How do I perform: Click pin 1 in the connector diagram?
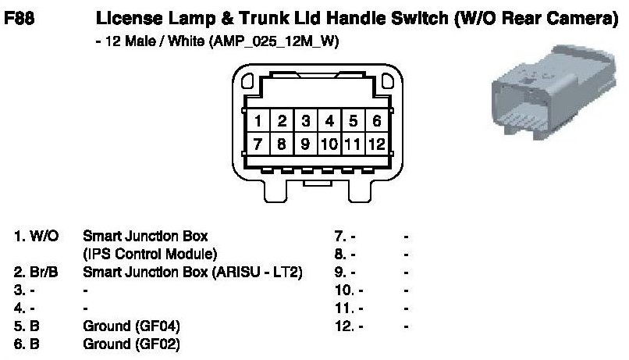257,122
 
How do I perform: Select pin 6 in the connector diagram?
376,122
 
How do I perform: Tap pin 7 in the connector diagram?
257,144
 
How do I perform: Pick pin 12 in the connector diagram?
377,144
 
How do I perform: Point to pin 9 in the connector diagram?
306,144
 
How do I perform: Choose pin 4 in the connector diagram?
329,122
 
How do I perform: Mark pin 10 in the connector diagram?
329,144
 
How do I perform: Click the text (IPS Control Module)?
150,253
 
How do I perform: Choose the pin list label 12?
343,325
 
